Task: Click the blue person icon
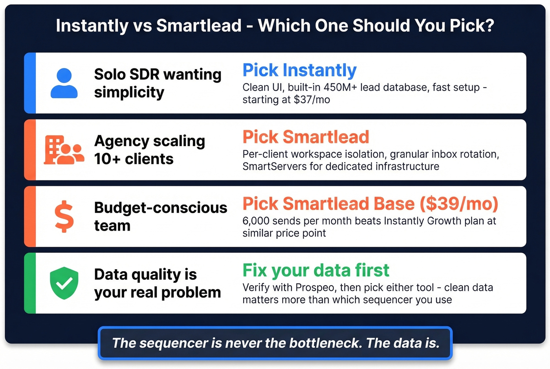pyautogui.click(x=64, y=83)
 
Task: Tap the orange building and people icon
pyautogui.click(x=64, y=150)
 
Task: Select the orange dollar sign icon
pyautogui.click(x=64, y=217)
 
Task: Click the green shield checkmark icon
pyautogui.click(x=64, y=283)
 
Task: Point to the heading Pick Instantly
pyautogui.click(x=299, y=70)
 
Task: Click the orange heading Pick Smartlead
pyautogui.click(x=306, y=137)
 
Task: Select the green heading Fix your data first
pyautogui.click(x=316, y=270)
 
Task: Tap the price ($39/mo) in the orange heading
pyautogui.click(x=459, y=204)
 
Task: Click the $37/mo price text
pyautogui.click(x=312, y=100)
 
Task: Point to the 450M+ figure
pyautogui.click(x=341, y=87)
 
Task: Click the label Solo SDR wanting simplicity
pyautogui.click(x=158, y=83)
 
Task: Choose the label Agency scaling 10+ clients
pyautogui.click(x=149, y=150)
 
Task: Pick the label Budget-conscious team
pyautogui.click(x=160, y=217)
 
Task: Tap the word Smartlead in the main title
pyautogui.click(x=199, y=26)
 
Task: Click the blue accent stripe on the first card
pyautogui.click(x=30, y=83)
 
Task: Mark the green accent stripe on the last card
pyautogui.click(x=30, y=283)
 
